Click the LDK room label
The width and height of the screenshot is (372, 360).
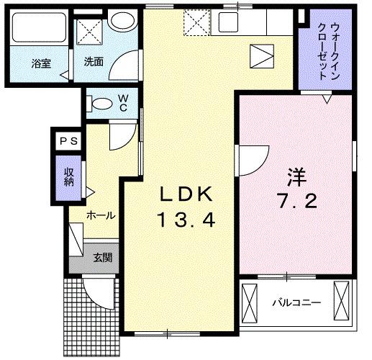[186, 194]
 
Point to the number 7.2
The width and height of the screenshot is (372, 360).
[295, 202]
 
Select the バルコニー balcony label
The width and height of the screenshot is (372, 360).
[294, 300]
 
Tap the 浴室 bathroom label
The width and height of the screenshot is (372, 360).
[40, 63]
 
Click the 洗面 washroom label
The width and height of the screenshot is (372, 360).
[94, 62]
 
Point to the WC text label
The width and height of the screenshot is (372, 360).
[123, 102]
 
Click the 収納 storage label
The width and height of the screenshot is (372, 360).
[70, 177]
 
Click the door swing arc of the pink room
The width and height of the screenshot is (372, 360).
[253, 158]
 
